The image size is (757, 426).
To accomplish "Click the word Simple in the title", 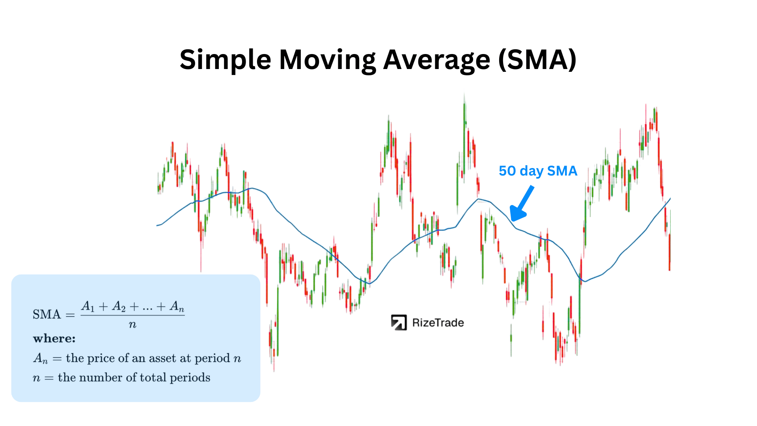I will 225,60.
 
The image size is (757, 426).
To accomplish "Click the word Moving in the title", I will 327,60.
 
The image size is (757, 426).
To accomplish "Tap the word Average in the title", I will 436,60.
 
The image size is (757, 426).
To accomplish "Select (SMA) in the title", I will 537,60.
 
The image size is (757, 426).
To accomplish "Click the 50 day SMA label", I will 538,171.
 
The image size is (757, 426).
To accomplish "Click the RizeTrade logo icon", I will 399,322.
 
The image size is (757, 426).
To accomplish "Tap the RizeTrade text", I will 438,323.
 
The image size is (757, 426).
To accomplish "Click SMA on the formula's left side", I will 47,314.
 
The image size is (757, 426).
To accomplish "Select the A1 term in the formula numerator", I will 88,306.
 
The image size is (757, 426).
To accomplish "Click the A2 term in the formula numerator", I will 119,306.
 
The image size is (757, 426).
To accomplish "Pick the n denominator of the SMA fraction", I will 132,325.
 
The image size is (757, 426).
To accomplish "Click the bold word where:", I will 54,338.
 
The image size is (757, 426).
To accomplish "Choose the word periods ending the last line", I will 190,377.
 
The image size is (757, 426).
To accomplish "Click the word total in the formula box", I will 153,377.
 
